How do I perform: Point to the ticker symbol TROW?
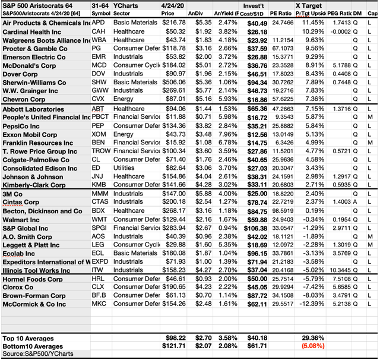[x=102, y=151]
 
